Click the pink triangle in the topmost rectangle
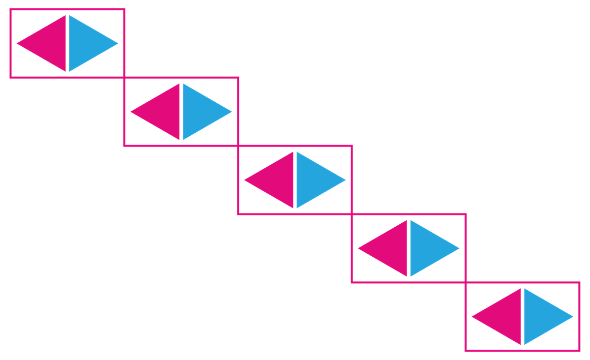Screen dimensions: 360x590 coord(49,43)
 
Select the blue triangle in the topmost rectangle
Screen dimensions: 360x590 coord(86,43)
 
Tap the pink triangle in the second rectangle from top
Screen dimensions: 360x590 coord(163,112)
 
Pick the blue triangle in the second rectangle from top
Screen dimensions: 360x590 coord(199,112)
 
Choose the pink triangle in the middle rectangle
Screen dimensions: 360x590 coord(277,180)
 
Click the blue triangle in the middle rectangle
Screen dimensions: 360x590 coord(313,180)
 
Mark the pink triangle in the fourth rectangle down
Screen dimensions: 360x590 coord(390,248)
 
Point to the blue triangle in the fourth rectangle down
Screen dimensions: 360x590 coord(427,248)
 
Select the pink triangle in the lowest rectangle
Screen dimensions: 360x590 coord(504,317)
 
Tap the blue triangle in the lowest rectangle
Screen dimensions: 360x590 coord(541,317)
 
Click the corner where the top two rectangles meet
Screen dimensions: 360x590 coord(124,77)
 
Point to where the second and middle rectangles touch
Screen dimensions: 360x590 coord(238,146)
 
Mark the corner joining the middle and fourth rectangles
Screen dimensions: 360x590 coord(352,214)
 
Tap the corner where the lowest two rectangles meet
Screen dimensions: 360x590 coord(466,282)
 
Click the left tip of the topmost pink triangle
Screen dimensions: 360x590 coord(18,43)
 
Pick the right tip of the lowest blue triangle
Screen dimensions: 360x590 coord(572,317)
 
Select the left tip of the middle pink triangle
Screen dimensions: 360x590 coord(245,180)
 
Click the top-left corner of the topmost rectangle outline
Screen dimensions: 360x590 coord(11,9)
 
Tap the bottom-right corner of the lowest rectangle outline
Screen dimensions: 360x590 coord(580,351)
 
